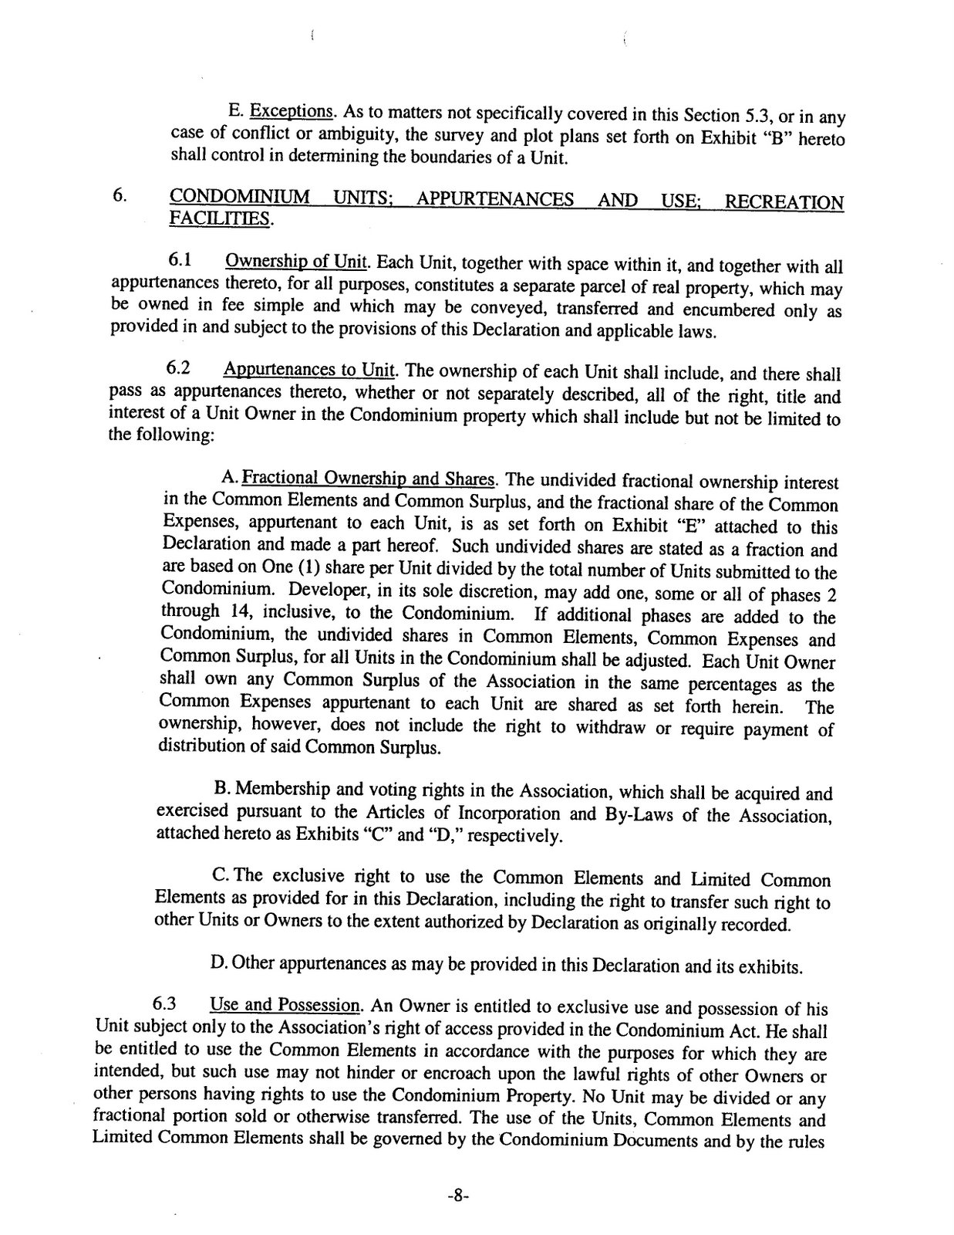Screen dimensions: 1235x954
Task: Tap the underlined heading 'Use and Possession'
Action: coord(284,1006)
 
